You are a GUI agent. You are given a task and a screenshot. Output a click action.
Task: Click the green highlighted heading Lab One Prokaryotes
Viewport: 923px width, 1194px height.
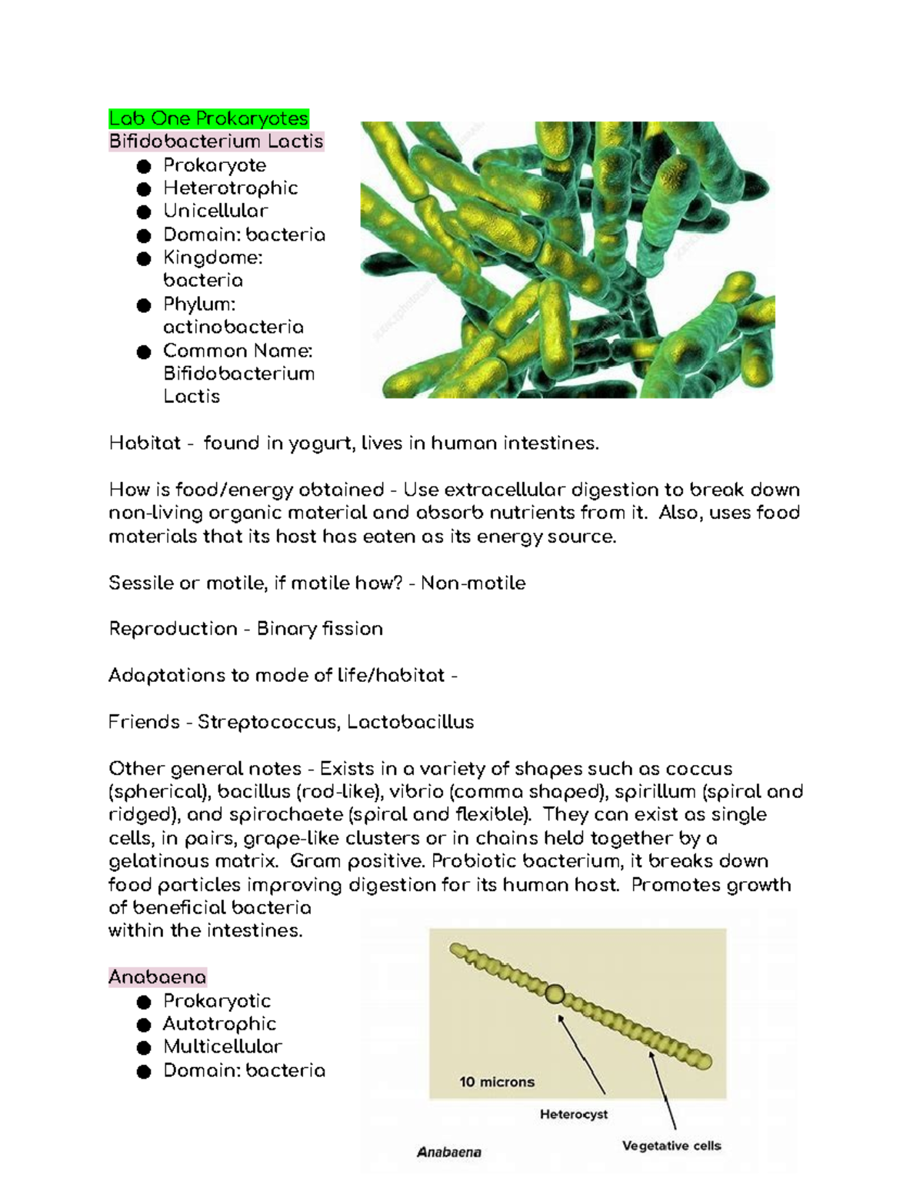pos(208,118)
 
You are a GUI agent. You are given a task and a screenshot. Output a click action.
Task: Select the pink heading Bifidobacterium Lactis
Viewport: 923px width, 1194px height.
pos(215,141)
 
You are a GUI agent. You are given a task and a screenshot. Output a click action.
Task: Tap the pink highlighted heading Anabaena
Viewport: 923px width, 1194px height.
pos(157,977)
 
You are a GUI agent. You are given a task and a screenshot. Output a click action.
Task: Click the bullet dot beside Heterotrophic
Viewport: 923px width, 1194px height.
pos(144,189)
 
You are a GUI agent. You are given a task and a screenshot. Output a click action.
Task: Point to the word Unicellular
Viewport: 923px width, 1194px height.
pos(215,211)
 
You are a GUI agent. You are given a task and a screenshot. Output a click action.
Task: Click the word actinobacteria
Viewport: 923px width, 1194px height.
pos(233,327)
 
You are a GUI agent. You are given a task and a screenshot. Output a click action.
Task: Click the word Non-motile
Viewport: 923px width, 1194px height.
pos(473,583)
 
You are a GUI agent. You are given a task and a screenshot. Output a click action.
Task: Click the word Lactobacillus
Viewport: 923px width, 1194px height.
pos(410,722)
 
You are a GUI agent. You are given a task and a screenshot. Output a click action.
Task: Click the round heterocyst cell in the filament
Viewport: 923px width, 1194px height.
pos(555,994)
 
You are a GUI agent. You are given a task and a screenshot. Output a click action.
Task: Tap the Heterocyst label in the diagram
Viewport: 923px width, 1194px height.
pos(574,1114)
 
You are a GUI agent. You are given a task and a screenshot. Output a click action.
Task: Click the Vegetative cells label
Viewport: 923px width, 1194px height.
pos(671,1146)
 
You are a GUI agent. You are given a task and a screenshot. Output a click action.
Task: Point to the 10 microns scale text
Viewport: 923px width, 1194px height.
pos(497,1082)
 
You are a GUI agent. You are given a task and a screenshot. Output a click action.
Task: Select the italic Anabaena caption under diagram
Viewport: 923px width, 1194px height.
pos(449,1152)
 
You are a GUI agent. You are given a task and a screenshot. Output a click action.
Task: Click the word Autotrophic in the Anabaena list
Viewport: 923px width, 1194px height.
pos(219,1024)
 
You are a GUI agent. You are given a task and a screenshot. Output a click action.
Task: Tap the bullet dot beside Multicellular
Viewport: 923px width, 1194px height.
pos(144,1048)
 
